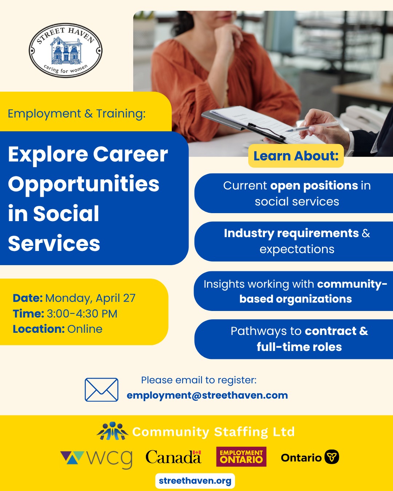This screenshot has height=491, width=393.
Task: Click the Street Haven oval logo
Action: click(x=65, y=51)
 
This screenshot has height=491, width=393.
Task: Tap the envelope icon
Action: click(x=102, y=390)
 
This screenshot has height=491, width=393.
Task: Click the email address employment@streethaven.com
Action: click(x=207, y=395)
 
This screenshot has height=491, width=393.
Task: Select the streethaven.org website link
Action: click(x=195, y=481)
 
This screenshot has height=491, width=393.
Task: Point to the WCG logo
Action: click(x=96, y=458)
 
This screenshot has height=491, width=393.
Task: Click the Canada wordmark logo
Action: click(x=173, y=457)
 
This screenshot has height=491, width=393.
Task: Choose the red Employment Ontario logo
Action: click(x=241, y=457)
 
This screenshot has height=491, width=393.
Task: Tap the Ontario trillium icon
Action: click(x=332, y=457)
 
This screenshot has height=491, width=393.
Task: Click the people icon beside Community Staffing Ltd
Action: click(x=112, y=431)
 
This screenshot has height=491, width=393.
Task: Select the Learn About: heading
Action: click(x=296, y=156)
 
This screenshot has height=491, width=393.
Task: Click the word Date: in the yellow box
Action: click(x=28, y=298)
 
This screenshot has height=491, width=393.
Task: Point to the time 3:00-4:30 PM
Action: click(x=82, y=314)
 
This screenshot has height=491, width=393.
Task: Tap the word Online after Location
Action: click(x=85, y=329)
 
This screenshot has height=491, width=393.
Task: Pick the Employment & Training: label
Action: click(x=76, y=113)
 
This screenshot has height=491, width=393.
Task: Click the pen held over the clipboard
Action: click(x=309, y=127)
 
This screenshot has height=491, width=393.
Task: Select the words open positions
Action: click(x=314, y=185)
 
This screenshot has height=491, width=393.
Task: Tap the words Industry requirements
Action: click(x=291, y=233)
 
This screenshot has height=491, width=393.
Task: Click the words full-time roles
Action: click(x=299, y=347)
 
